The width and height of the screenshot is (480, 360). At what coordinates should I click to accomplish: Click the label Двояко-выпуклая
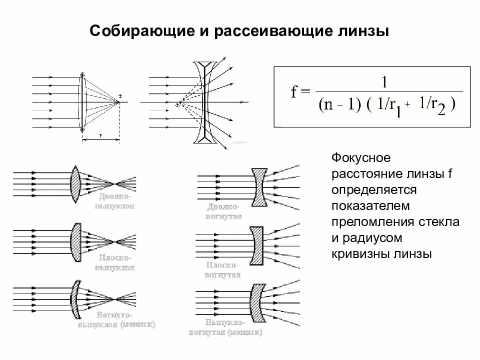coord(113,200)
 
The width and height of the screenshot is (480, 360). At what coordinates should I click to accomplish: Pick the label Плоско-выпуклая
coord(113,262)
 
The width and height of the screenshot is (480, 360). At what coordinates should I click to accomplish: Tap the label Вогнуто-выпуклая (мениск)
coord(116,319)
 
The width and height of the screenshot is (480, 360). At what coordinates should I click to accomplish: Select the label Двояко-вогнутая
coord(223,211)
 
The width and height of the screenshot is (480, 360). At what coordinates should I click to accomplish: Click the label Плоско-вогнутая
coord(223,270)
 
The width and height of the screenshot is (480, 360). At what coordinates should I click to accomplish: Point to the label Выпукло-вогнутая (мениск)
coord(226,326)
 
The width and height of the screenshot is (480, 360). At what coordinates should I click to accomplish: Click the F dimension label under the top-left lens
coord(100,135)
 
